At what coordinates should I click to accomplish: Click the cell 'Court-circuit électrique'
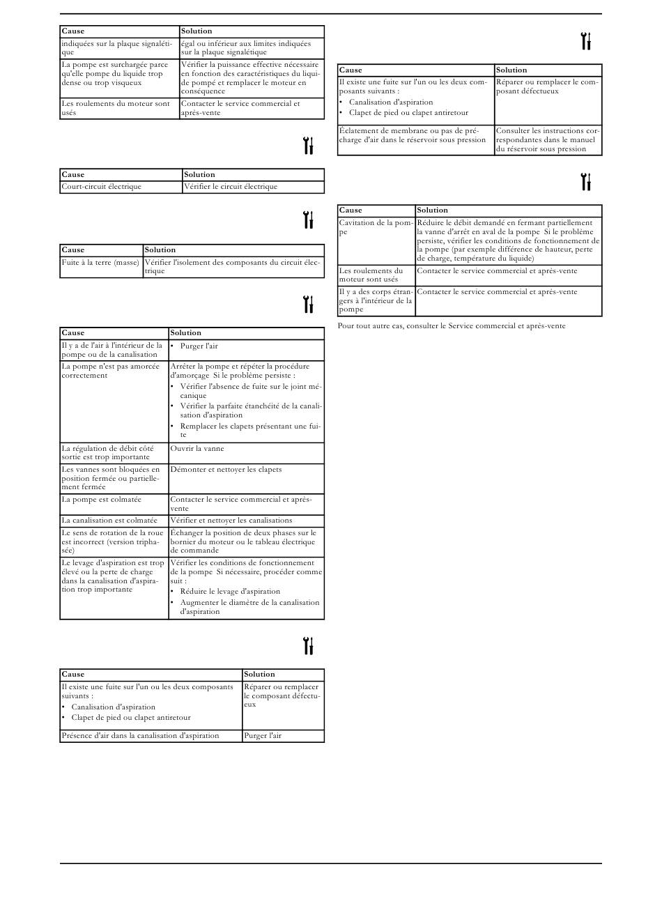click(x=102, y=187)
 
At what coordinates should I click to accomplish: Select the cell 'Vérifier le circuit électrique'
click(x=230, y=187)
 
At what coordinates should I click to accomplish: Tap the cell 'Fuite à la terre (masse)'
click(x=101, y=263)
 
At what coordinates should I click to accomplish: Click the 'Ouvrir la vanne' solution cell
click(x=197, y=449)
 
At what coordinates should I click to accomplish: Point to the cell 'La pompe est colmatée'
click(x=102, y=500)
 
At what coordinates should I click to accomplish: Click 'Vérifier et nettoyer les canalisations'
click(x=231, y=521)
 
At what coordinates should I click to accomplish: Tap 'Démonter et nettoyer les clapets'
click(x=226, y=470)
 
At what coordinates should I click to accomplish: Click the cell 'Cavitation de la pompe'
click(x=376, y=227)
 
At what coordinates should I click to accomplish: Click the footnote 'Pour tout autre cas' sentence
click(x=452, y=326)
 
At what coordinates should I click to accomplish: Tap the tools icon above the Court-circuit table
click(x=308, y=146)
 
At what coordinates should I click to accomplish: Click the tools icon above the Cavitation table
click(x=586, y=182)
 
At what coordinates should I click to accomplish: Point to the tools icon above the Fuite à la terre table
click(x=308, y=220)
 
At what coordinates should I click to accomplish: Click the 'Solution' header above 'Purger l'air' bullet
click(x=186, y=333)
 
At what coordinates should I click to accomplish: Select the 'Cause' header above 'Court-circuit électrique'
click(x=73, y=175)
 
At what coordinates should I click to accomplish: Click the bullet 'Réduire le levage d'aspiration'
click(x=230, y=592)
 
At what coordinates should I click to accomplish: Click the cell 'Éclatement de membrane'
click(x=413, y=135)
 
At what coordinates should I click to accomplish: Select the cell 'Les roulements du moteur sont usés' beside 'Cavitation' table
click(x=375, y=275)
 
